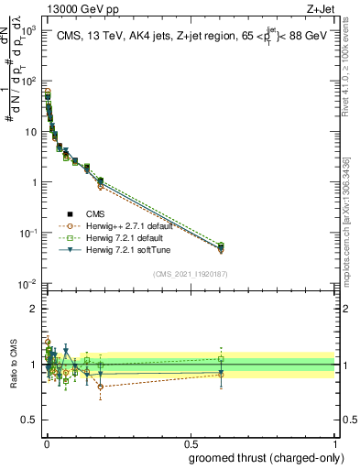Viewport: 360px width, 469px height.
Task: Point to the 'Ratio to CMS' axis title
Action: point(12,365)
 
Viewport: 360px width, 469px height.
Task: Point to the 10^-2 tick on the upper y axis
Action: point(29,283)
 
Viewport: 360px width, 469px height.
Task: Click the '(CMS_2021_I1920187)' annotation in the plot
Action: point(191,273)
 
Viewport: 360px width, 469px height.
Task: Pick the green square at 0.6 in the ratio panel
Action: point(221,359)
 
